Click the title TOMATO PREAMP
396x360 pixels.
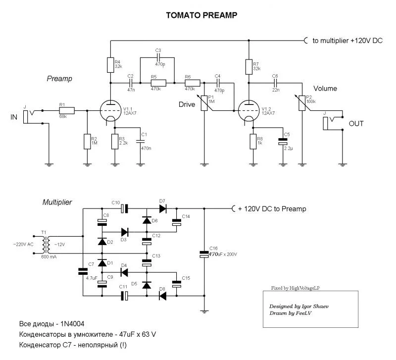pos(201,15)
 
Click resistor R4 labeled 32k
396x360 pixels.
pos(111,64)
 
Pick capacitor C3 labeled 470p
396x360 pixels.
pos(158,58)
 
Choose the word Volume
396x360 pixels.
pos(325,89)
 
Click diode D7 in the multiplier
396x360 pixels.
pos(162,208)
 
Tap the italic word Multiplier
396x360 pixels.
pos(56,202)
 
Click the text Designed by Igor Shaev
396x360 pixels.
pos(298,307)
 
